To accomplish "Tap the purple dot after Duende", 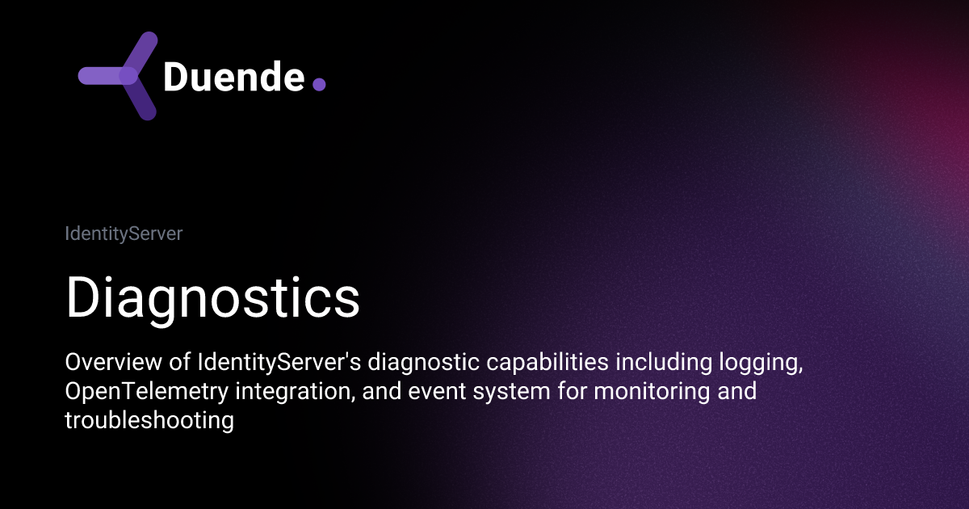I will [x=318, y=83].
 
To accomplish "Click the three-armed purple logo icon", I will [x=121, y=76].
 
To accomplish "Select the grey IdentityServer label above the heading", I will [x=124, y=234].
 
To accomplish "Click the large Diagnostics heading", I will [x=212, y=297].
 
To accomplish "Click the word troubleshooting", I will [x=149, y=421].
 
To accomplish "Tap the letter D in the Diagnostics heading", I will [x=83, y=297].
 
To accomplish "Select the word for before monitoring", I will [x=553, y=393].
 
